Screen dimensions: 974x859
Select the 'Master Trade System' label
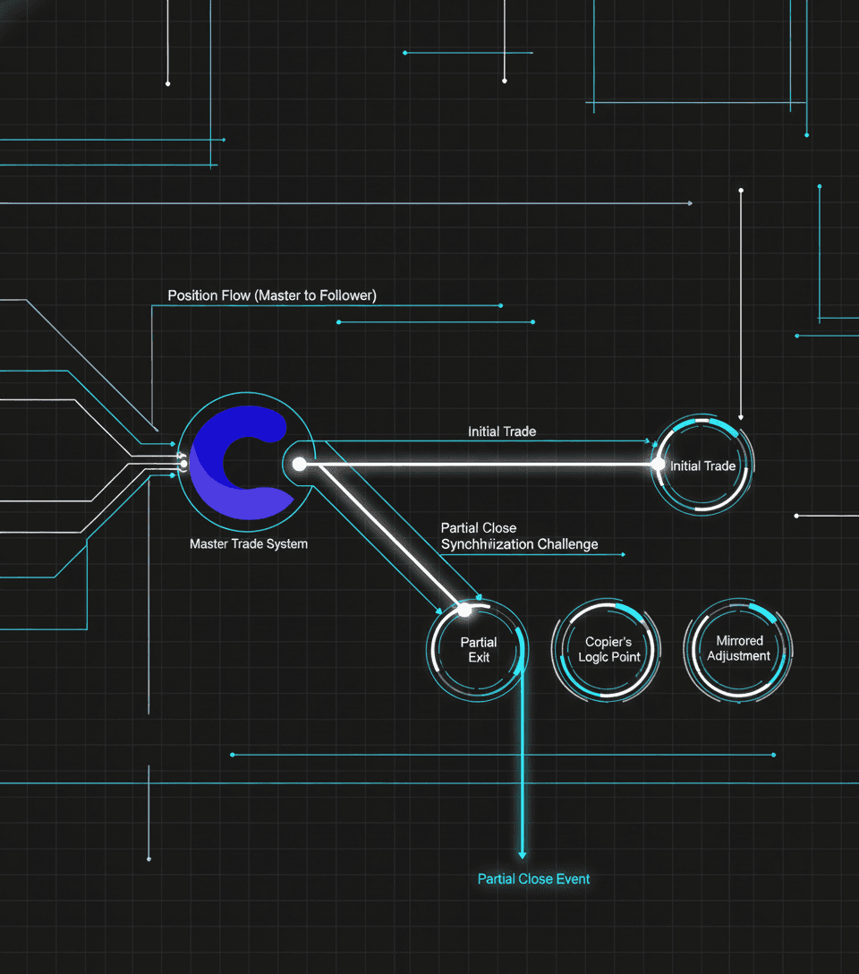[x=249, y=543]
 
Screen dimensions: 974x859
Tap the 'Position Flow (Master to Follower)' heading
[x=272, y=295]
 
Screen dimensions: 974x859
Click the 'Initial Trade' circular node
[x=703, y=465]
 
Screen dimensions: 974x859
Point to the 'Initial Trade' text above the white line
[x=502, y=431]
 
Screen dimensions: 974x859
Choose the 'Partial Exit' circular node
[x=479, y=650]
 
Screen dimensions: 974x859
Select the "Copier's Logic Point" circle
[x=608, y=650]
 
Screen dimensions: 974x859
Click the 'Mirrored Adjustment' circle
[x=739, y=648]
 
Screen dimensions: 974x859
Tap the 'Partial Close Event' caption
[x=533, y=879]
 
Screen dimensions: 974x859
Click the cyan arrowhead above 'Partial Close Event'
[x=523, y=855]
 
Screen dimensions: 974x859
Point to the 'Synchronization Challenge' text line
[x=519, y=544]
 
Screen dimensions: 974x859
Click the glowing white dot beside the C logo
[x=300, y=464]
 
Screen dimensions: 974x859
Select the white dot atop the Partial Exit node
[x=464, y=611]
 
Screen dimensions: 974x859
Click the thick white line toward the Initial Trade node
[x=483, y=465]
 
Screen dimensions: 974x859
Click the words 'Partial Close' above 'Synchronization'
[x=479, y=528]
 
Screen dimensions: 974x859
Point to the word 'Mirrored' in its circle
[x=740, y=641]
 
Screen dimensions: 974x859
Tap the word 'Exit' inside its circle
[x=479, y=658]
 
